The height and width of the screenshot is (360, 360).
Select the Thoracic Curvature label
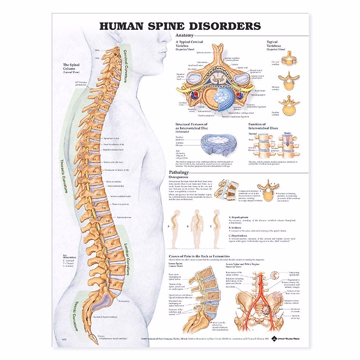coord(64,176)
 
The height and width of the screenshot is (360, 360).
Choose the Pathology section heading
coord(179,172)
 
